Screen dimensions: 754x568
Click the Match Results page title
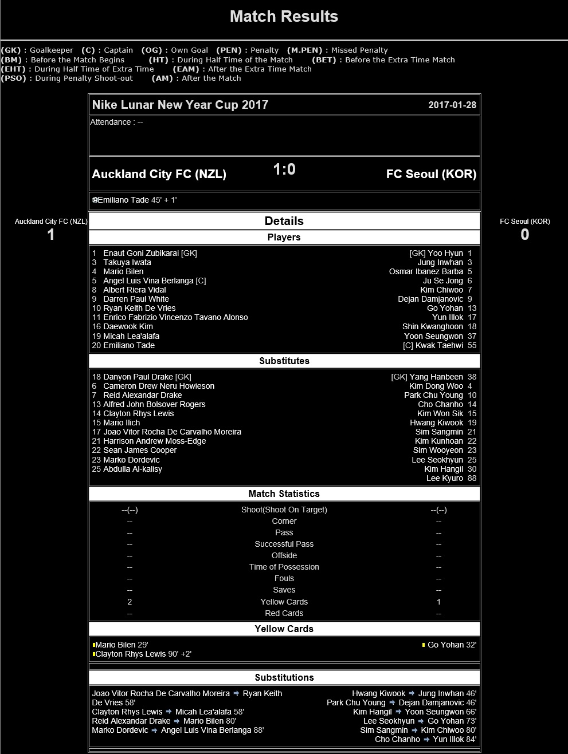(284, 17)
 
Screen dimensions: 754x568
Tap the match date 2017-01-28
(452, 105)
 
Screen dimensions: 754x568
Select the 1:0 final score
(284, 169)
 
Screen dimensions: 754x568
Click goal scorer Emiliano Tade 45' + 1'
(137, 200)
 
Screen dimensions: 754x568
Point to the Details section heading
(284, 221)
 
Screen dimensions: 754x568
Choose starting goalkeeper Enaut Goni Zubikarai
(141, 253)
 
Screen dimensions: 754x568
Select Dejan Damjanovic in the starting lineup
(430, 299)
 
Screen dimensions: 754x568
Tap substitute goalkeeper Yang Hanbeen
(436, 377)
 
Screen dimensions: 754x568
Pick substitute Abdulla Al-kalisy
(132, 469)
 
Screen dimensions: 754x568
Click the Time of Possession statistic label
(284, 567)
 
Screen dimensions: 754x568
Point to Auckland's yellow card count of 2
(130, 602)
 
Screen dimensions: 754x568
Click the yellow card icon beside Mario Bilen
(94, 645)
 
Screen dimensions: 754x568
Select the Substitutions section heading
(284, 677)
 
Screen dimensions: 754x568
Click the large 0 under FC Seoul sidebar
(524, 234)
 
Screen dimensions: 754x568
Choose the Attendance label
(110, 122)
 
